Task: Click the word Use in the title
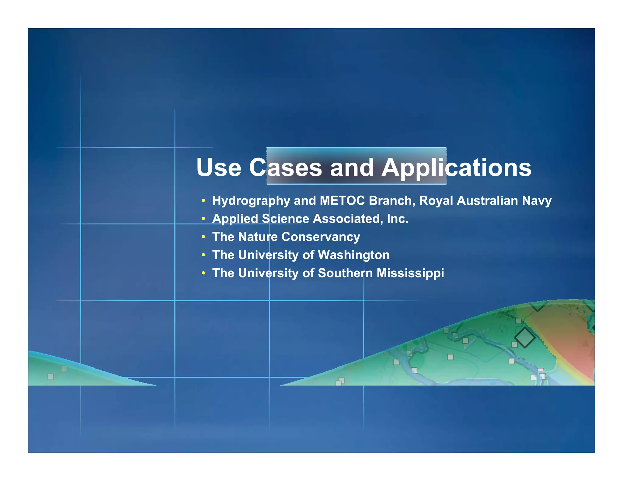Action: [x=218, y=168]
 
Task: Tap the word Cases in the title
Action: [x=285, y=168]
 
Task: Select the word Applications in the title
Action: [x=456, y=168]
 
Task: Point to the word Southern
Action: [x=345, y=273]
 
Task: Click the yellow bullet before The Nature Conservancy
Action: [x=203, y=237]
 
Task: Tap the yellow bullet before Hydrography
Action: [x=203, y=201]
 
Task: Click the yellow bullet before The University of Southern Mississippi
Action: [x=203, y=273]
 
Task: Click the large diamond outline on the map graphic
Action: [x=525, y=337]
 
